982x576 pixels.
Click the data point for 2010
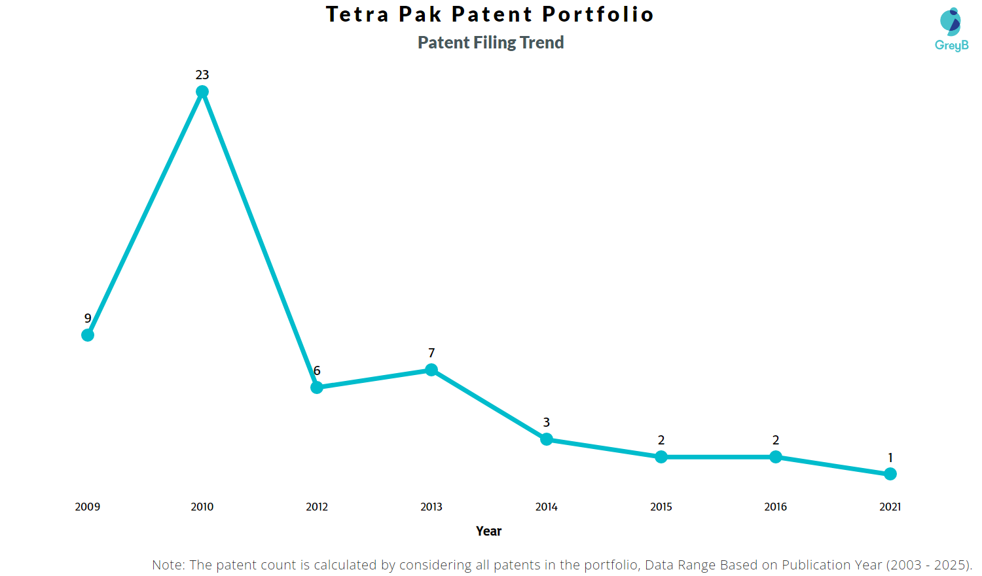click(202, 92)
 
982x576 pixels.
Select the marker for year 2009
click(88, 335)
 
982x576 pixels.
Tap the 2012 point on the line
click(317, 387)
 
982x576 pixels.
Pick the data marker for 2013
click(431, 370)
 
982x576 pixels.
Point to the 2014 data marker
click(547, 439)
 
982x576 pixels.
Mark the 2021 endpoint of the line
click(890, 474)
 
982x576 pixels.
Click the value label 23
click(202, 75)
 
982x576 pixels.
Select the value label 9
click(88, 319)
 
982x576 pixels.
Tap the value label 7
click(431, 353)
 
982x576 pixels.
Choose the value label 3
click(547, 423)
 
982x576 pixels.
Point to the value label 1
click(890, 458)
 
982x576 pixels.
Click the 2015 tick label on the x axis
click(661, 507)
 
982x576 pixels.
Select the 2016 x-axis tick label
click(776, 507)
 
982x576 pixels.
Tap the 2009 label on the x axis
click(88, 507)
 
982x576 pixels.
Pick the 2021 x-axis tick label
click(890, 507)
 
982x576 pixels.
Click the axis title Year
click(489, 531)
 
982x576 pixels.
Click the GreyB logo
click(951, 29)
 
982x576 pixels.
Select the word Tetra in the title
click(357, 14)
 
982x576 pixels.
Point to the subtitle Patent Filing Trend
click(491, 43)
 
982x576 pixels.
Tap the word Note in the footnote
click(168, 565)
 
